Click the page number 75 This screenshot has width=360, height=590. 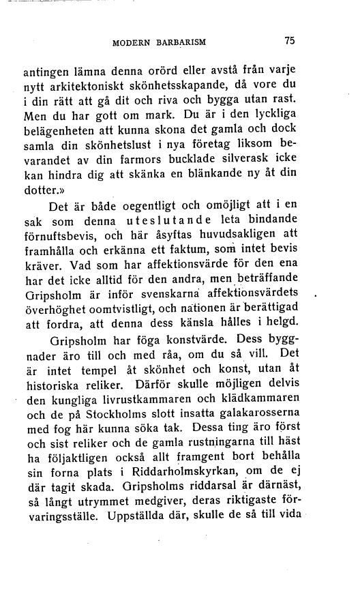click(x=289, y=40)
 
